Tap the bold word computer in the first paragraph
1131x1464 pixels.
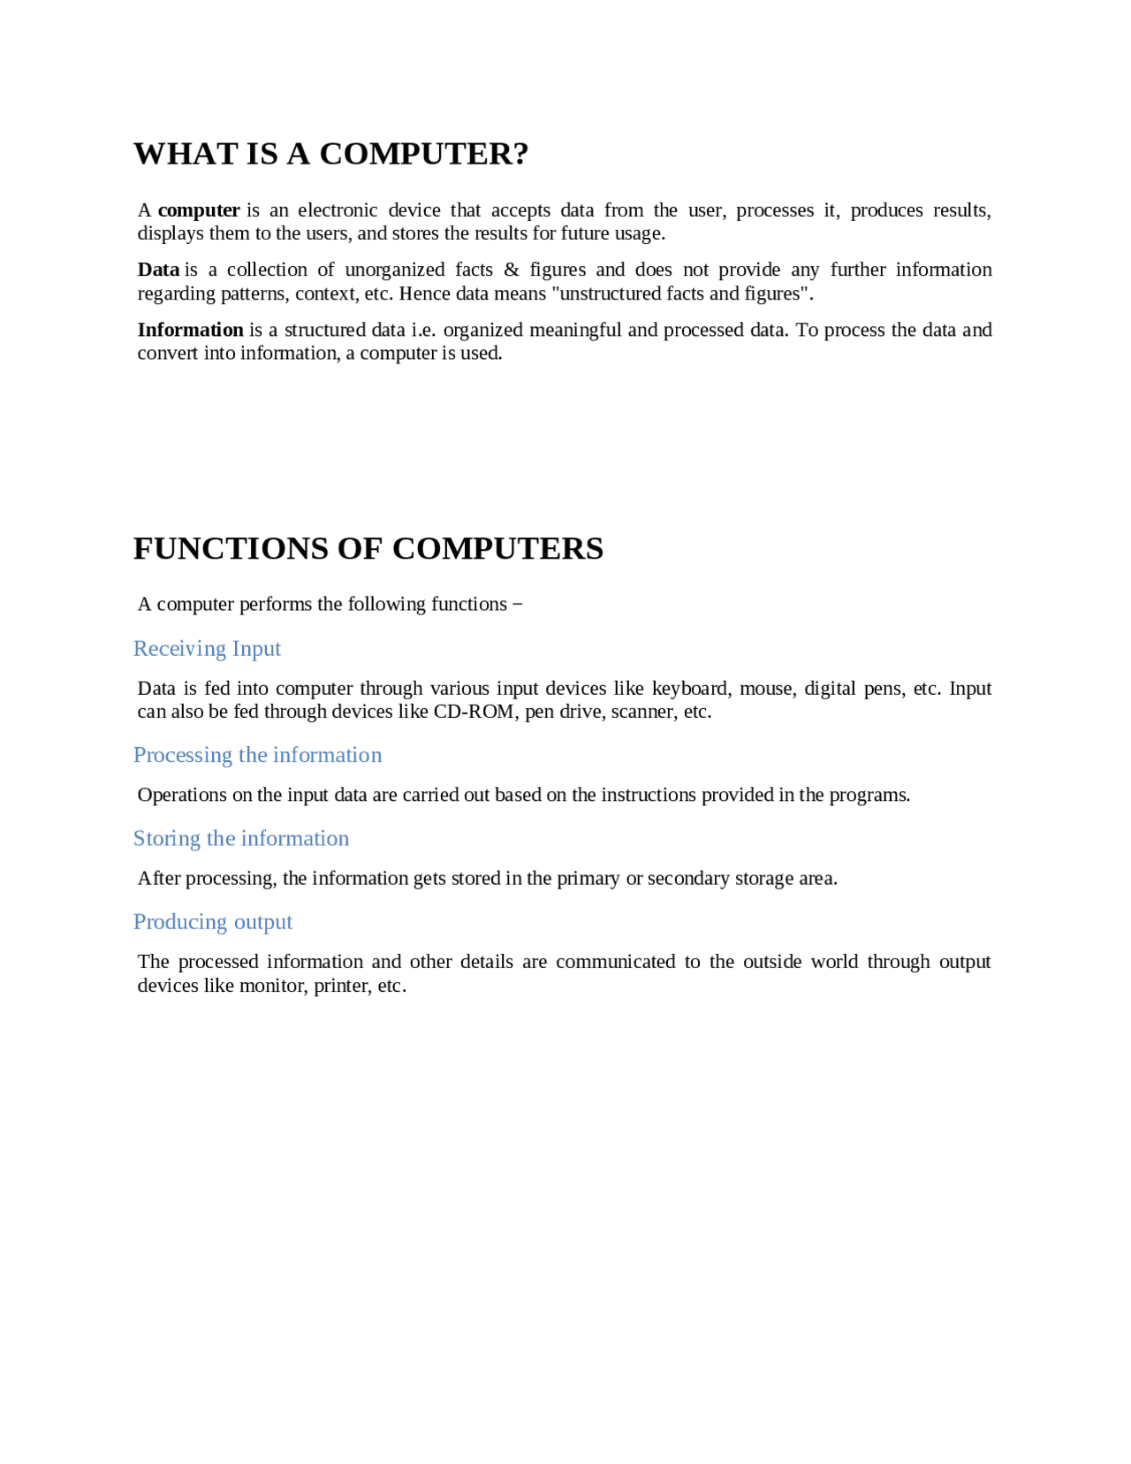click(x=199, y=210)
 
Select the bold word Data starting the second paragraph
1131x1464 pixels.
click(x=158, y=270)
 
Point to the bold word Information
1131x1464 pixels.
click(x=190, y=330)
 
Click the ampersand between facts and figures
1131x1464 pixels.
click(x=512, y=270)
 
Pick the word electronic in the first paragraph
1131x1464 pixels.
click(x=338, y=210)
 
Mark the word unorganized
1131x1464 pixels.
click(x=394, y=270)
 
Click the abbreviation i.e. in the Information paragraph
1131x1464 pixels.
click(x=423, y=330)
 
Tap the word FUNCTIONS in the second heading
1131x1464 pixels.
click(x=231, y=549)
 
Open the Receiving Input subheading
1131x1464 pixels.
click(x=207, y=649)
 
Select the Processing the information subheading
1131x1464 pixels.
click(x=257, y=755)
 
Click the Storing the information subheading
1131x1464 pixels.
click(x=241, y=838)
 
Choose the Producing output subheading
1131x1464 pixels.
click(x=213, y=922)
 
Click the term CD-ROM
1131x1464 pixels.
click(x=474, y=712)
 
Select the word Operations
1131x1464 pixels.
click(x=182, y=795)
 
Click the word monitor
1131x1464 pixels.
click(x=271, y=986)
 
